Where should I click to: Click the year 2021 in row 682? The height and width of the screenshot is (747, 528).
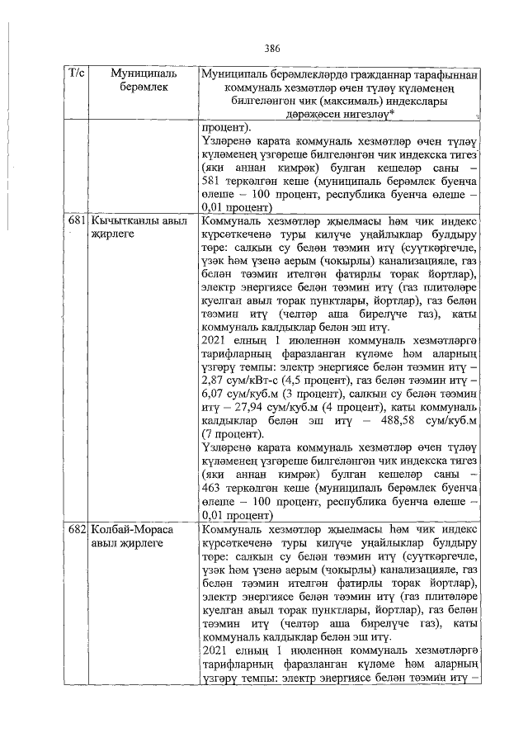(216, 651)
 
